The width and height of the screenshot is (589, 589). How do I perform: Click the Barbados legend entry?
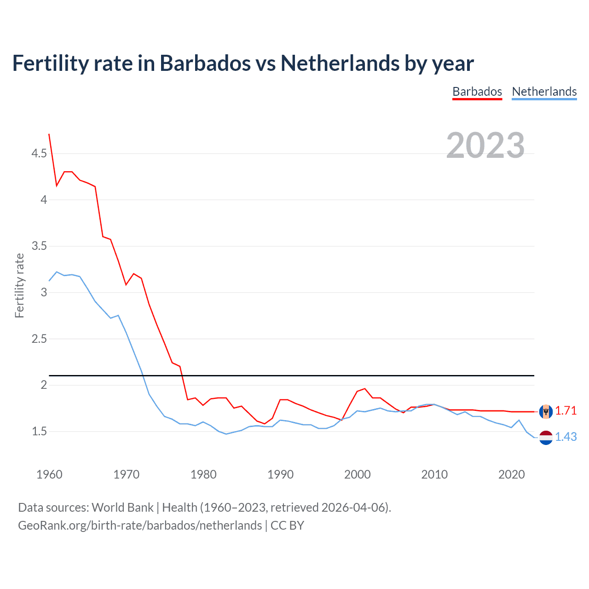(477, 92)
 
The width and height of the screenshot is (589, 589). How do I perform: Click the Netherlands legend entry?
(544, 92)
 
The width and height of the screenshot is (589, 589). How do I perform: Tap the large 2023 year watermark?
(485, 145)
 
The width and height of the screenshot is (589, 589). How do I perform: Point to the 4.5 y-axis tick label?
(39, 153)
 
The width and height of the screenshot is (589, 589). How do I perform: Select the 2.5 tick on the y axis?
(39, 339)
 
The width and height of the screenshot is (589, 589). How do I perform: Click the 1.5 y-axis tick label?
(39, 432)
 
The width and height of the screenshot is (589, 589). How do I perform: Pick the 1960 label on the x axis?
(49, 474)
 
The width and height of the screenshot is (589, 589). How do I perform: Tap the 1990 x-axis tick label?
(280, 474)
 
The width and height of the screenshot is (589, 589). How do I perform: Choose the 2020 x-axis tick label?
(511, 474)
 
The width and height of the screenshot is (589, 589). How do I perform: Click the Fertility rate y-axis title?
(19, 285)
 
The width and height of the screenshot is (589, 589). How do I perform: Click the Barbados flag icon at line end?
(546, 411)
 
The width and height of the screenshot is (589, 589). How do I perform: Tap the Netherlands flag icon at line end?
(546, 438)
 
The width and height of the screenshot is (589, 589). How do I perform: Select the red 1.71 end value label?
(566, 410)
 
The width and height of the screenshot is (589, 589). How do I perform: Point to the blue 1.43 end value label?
(566, 437)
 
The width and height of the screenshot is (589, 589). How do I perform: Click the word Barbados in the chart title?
(205, 63)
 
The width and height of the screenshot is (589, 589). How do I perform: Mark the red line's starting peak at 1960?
(49, 134)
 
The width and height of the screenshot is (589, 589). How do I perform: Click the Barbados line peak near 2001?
(364, 389)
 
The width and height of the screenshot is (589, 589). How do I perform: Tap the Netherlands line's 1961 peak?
(57, 272)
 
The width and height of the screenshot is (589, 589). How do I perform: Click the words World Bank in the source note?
(122, 508)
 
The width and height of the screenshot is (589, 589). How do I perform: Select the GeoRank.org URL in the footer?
(140, 525)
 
